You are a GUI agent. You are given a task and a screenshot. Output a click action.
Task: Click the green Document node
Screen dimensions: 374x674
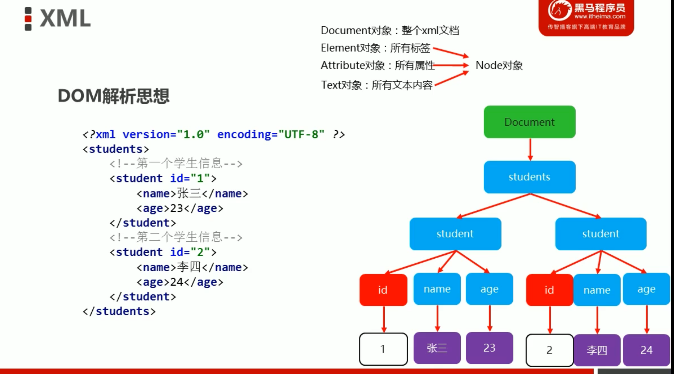pyautogui.click(x=529, y=122)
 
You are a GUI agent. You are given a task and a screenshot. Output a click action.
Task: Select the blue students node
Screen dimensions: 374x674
pyautogui.click(x=529, y=177)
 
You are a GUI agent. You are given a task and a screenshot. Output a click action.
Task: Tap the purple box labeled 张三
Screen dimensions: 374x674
pyautogui.click(x=437, y=348)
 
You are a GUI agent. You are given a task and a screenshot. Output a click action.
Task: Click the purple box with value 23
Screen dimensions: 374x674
pyautogui.click(x=489, y=348)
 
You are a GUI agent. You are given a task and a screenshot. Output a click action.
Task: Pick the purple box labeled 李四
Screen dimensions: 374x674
pyautogui.click(x=597, y=350)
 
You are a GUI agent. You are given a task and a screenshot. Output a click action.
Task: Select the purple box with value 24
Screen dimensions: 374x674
pyautogui.click(x=646, y=350)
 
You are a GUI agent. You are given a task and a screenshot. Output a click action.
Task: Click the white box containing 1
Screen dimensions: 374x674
pyautogui.click(x=383, y=349)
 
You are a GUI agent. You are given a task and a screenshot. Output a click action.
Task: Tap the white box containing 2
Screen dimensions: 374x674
pyautogui.click(x=549, y=350)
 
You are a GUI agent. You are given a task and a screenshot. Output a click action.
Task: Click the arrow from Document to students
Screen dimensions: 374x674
pyautogui.click(x=530, y=149)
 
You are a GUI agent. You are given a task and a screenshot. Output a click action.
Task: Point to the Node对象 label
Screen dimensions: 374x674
pyautogui.click(x=499, y=65)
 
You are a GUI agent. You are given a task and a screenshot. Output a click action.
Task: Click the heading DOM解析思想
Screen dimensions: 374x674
pyautogui.click(x=114, y=96)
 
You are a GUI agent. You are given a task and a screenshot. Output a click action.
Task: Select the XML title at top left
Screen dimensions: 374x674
pyautogui.click(x=65, y=18)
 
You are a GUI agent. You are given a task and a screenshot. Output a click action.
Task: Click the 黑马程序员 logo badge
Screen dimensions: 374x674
pyautogui.click(x=586, y=17)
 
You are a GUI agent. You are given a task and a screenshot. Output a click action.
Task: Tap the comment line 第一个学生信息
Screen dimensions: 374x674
pyautogui.click(x=176, y=164)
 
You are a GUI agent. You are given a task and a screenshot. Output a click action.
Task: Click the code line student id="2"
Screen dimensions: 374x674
pyautogui.click(x=163, y=252)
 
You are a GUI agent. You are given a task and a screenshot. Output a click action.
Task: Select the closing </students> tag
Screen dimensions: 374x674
pyautogui.click(x=119, y=311)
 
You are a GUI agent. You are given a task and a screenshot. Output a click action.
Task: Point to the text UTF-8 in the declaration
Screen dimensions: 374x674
pyautogui.click(x=301, y=134)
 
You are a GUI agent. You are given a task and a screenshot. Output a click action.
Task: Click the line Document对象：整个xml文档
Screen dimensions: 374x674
pyautogui.click(x=390, y=31)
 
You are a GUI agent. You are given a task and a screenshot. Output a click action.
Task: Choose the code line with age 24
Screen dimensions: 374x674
pyautogui.click(x=180, y=282)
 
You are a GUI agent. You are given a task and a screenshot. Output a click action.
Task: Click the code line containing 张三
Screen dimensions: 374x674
pyautogui.click(x=192, y=193)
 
